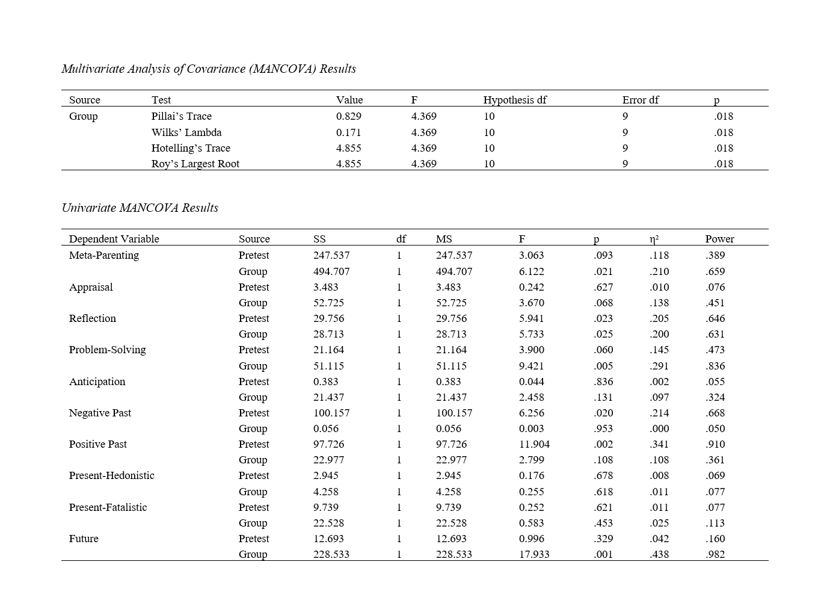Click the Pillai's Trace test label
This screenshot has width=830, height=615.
pos(181,116)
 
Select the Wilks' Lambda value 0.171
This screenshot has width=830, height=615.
pos(348,132)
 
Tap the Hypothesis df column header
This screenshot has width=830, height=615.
pos(514,100)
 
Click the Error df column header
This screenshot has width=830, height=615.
pos(640,100)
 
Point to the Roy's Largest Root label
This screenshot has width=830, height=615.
pos(195,164)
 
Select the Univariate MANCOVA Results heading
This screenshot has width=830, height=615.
pos(140,208)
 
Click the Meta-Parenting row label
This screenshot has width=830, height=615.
pos(103,255)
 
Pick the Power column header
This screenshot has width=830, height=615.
pos(719,239)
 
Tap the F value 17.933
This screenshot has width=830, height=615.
pos(534,554)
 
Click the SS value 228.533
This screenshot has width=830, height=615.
pos(331,554)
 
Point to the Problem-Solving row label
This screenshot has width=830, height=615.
pos(107,350)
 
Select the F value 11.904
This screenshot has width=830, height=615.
pos(534,444)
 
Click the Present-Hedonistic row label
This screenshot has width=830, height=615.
pos(111,475)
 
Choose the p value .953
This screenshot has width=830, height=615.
pos(603,428)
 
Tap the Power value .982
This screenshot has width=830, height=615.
pos(715,554)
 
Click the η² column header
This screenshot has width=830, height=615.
pos(654,239)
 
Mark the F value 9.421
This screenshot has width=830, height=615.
pos(531,366)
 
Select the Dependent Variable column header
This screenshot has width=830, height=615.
pos(114,239)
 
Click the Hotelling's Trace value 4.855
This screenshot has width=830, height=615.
pos(348,148)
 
